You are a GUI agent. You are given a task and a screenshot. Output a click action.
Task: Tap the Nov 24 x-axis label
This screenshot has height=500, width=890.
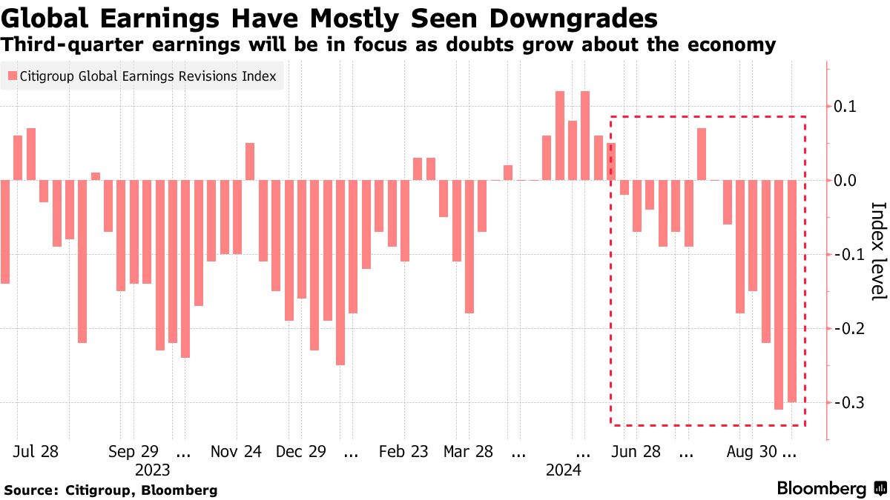pyautogui.click(x=236, y=452)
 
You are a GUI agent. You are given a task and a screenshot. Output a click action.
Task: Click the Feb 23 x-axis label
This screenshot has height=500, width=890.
pyautogui.click(x=403, y=452)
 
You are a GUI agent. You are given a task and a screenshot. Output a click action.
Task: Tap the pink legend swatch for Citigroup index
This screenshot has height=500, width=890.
pyautogui.click(x=12, y=76)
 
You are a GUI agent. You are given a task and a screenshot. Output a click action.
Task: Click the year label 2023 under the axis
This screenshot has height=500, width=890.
pyautogui.click(x=153, y=470)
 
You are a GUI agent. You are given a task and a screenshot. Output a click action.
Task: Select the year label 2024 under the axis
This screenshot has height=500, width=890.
pyautogui.click(x=564, y=470)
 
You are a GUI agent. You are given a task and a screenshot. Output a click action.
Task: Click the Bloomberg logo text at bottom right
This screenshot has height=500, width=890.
pyautogui.click(x=821, y=489)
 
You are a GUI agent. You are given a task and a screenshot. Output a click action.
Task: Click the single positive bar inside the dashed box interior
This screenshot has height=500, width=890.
pyautogui.click(x=702, y=154)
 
